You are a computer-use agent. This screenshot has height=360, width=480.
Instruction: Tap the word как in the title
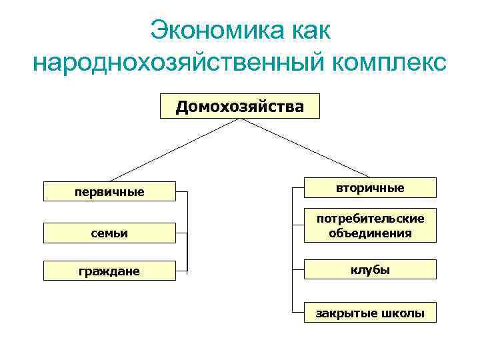point(311,30)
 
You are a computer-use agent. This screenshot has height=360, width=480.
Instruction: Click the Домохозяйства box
point(239,106)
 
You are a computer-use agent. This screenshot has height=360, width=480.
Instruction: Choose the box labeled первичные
point(109,192)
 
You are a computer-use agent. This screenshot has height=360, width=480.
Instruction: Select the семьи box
point(109,233)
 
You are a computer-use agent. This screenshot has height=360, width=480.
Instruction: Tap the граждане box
point(109,271)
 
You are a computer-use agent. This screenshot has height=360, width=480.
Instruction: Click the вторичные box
point(370,188)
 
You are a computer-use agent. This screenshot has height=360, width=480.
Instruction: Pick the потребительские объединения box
point(370,226)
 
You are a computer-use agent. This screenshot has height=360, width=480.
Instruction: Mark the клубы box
point(370,269)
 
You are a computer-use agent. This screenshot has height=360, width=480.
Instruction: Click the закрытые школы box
point(370,313)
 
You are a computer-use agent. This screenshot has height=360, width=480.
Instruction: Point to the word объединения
point(370,233)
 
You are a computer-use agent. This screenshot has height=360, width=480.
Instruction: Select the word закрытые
point(347,313)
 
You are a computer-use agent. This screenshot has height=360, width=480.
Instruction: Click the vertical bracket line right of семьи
point(187,233)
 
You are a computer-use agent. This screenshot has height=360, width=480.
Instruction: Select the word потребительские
point(370,219)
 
